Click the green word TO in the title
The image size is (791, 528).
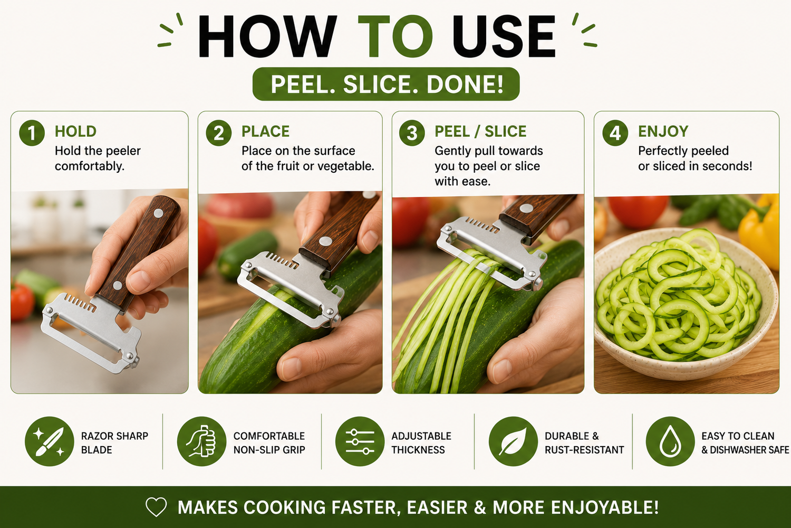(x=395, y=36)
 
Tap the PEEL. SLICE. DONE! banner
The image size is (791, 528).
(x=386, y=84)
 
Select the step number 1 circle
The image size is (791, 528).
(x=32, y=133)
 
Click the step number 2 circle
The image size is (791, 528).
(x=219, y=133)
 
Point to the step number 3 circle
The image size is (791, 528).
(x=412, y=133)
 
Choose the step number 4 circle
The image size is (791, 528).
(x=615, y=133)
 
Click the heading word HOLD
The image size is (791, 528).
(x=75, y=131)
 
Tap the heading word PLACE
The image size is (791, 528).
(x=266, y=131)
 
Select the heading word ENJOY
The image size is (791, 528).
(x=663, y=131)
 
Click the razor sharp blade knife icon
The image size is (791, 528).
(x=49, y=441)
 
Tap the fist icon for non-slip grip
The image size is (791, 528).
(x=201, y=441)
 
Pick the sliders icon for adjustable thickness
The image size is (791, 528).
(x=360, y=441)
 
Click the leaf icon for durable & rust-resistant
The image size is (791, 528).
(x=514, y=441)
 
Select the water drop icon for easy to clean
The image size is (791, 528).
(x=670, y=441)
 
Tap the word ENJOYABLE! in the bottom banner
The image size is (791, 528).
(x=604, y=507)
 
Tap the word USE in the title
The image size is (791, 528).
(x=504, y=36)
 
